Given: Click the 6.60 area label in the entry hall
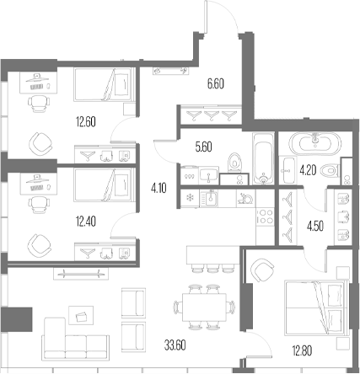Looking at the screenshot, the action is [216, 84].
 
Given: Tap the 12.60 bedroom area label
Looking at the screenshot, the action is [86, 122].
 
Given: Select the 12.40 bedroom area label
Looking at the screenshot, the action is [86, 222].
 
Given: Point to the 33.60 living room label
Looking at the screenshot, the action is [175, 345].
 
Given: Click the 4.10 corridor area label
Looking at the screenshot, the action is [159, 188].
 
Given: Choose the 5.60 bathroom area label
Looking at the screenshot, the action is [204, 147].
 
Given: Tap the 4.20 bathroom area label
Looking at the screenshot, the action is [308, 170].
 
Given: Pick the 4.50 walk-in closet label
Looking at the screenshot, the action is [315, 226].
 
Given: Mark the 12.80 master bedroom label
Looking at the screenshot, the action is [302, 350].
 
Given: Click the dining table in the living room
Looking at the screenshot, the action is [204, 307].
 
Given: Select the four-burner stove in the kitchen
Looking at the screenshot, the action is [265, 216].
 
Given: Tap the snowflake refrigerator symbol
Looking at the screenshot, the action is [190, 198].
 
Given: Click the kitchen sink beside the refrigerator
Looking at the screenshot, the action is [208, 198].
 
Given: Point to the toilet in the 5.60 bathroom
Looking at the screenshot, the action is [234, 162].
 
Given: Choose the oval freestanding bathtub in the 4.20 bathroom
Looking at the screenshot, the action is [314, 143].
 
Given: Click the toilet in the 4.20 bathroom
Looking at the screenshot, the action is [330, 170].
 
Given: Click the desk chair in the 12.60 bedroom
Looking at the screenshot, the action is [39, 104].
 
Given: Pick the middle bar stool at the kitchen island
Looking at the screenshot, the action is [212, 269].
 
